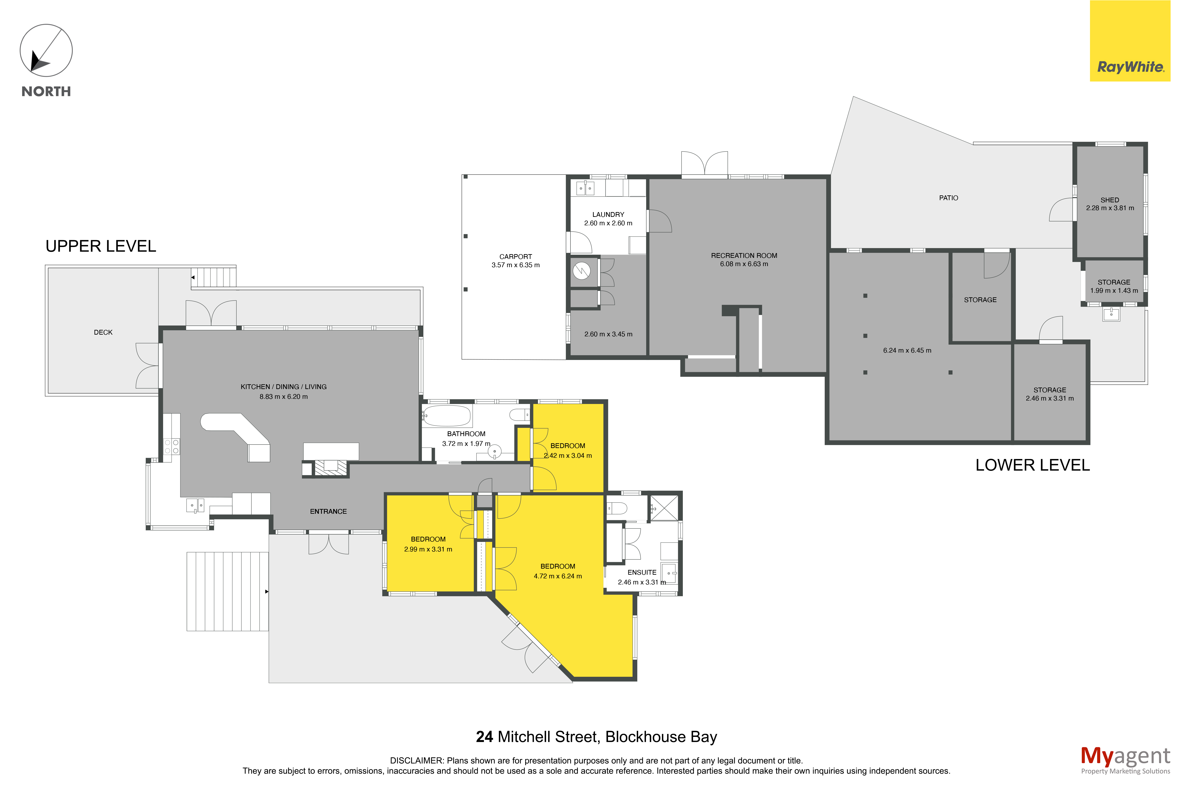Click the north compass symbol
point(46,51)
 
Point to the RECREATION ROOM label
point(744,255)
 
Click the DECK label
point(103,332)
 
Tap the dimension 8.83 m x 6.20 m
point(284,396)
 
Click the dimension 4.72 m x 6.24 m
point(558,576)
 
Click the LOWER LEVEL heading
point(1032,465)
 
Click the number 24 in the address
point(484,737)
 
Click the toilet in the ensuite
point(617,507)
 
